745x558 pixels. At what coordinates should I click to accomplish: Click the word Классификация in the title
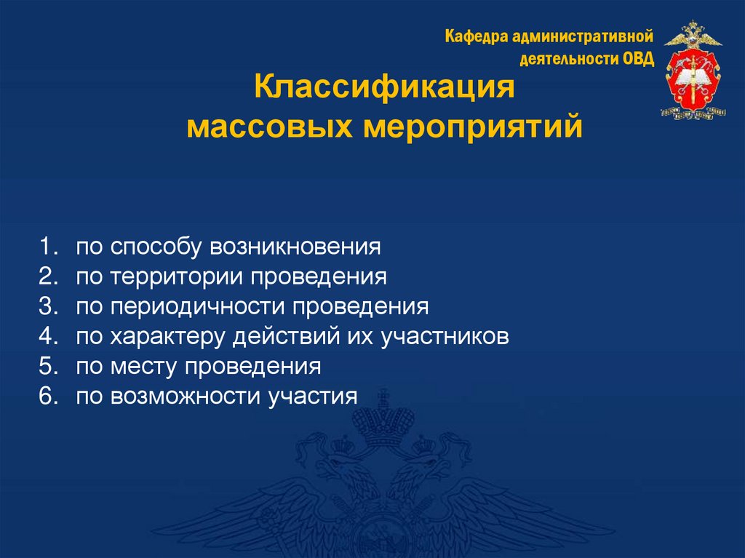[384, 90]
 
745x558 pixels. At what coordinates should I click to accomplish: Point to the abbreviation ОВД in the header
[638, 59]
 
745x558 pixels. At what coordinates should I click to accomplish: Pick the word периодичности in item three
[198, 306]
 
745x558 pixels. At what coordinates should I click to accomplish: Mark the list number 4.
[48, 336]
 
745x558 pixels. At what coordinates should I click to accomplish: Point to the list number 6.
[48, 396]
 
